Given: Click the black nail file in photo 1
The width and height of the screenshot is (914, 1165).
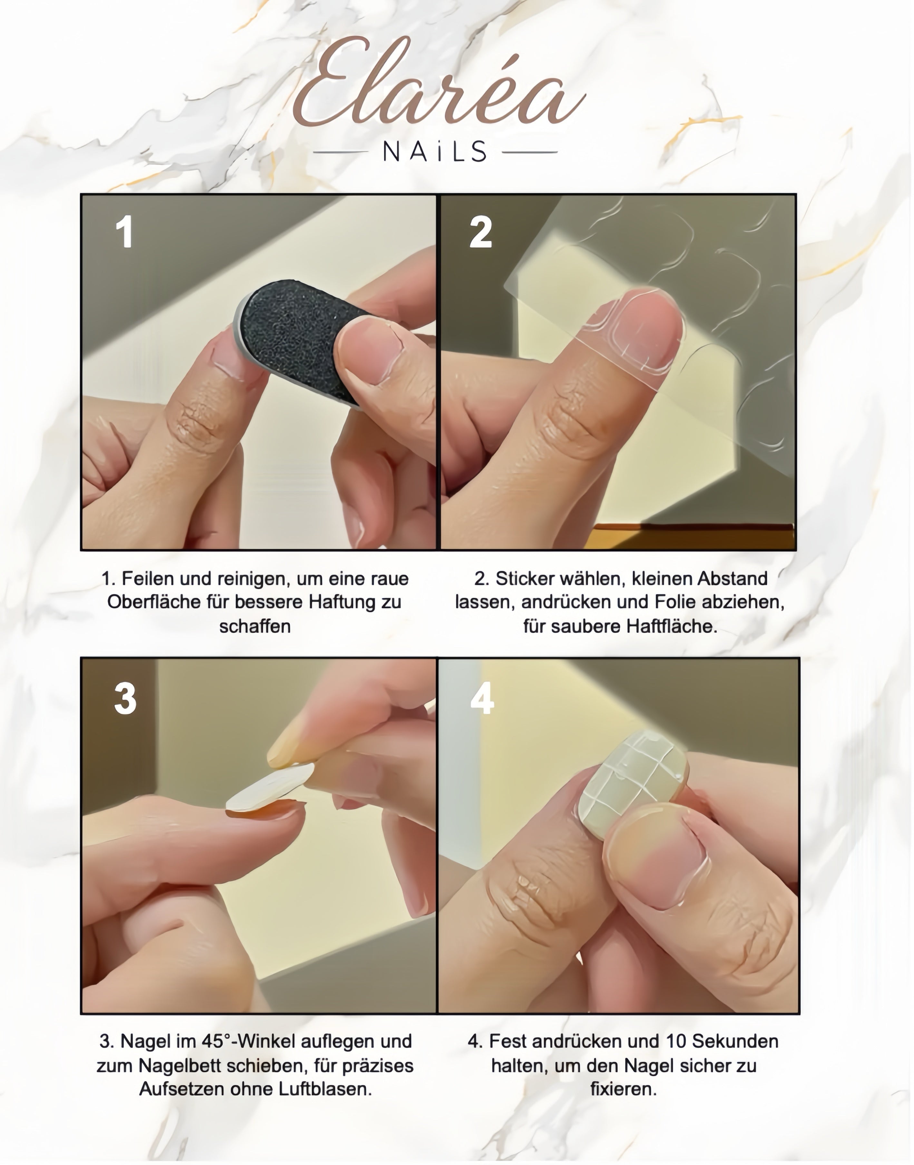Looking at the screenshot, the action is [x=300, y=341].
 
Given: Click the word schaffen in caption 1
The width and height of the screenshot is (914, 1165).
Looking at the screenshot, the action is [x=255, y=626].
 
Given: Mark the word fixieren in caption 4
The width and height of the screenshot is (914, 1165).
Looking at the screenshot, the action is [x=623, y=1089].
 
